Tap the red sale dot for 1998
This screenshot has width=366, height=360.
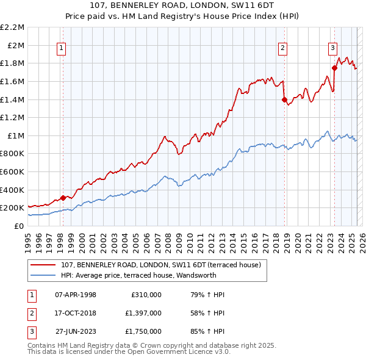point(63,198)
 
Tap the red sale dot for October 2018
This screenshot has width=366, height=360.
point(284,99)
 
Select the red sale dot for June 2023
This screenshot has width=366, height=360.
point(334,68)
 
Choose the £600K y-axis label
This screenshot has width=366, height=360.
point(13,171)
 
